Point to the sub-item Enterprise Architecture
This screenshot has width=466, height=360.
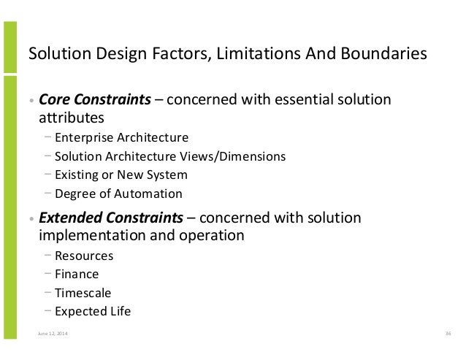coord(121,137)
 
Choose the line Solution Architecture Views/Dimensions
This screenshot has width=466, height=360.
coord(169,156)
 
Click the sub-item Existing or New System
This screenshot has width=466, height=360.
coord(120,175)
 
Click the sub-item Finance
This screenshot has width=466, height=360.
coord(77,275)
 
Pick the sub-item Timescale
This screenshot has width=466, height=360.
coord(83,293)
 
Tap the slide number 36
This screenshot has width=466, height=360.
coord(447,334)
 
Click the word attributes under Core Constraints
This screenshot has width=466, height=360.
coord(71,117)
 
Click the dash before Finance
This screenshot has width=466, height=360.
coord(47,274)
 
